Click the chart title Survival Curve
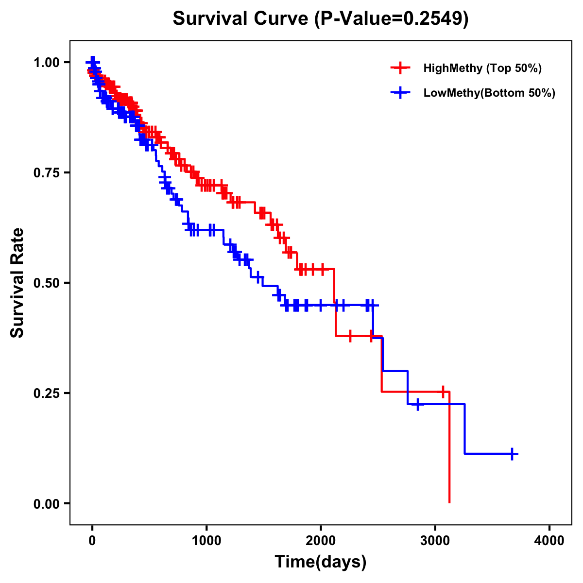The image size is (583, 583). point(240,19)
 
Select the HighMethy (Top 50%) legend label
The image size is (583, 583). point(482,68)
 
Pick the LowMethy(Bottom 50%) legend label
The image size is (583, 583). point(489,93)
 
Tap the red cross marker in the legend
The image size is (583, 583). point(400,68)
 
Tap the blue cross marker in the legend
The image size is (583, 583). point(400,93)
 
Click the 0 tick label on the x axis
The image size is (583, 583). point(92,540)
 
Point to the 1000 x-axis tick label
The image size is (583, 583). point(206,540)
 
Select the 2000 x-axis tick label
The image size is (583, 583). point(321,540)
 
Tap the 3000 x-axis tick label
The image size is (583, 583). point(435,540)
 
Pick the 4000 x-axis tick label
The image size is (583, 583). point(549,540)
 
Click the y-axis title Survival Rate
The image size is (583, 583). point(17,283)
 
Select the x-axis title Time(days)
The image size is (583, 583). point(321,562)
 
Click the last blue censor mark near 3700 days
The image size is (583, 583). point(512,454)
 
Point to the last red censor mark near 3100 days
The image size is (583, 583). point(442,391)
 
